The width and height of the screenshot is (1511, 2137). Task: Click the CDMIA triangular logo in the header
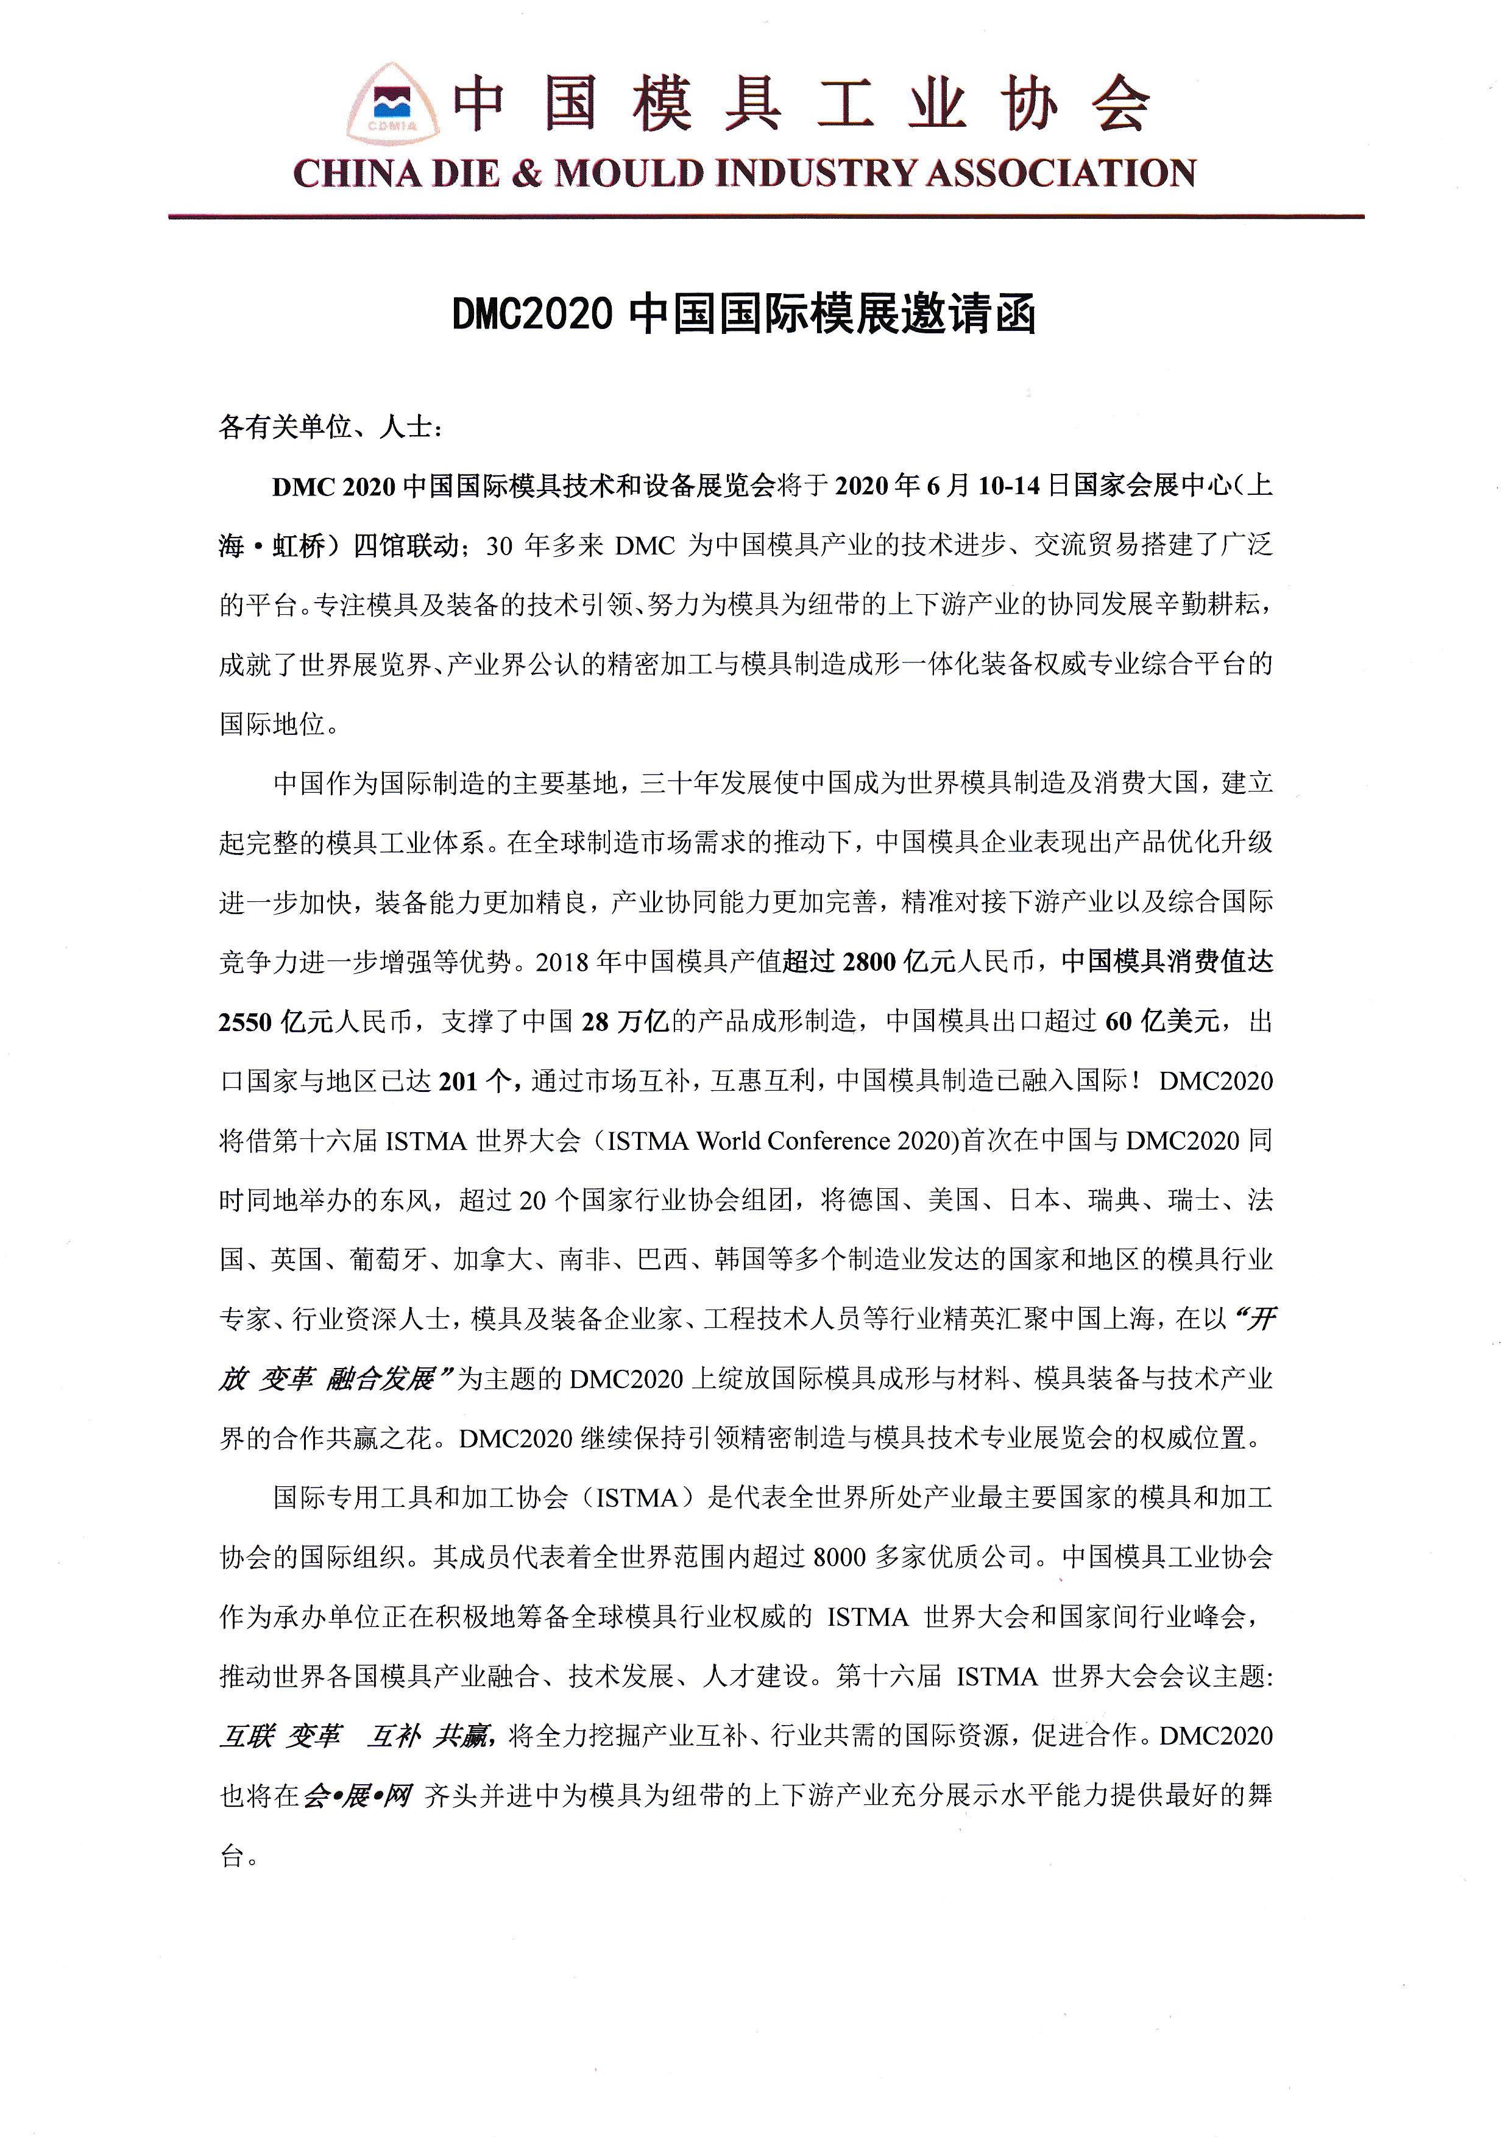coord(392,105)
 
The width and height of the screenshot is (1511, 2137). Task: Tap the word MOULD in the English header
coord(629,174)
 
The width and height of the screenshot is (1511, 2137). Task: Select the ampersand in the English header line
coord(526,174)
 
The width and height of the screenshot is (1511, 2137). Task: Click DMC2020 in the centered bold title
coord(531,314)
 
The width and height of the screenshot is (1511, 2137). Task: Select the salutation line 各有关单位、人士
coord(330,427)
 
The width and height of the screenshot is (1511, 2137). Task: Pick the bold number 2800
coord(868,962)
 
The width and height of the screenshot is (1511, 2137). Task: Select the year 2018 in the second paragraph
coord(562,962)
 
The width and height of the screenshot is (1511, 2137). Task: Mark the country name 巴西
coord(662,1260)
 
